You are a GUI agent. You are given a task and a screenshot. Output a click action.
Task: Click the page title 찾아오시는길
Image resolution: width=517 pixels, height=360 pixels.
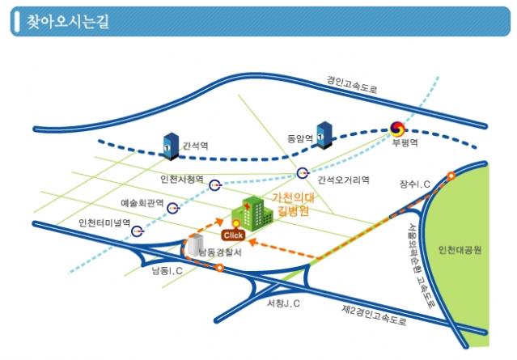pyautogui.click(x=62, y=22)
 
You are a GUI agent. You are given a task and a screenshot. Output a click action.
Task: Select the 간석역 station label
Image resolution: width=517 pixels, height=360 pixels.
pyautogui.click(x=195, y=146)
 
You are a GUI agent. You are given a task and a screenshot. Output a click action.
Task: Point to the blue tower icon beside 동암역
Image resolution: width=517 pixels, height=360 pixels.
pyautogui.click(x=325, y=134)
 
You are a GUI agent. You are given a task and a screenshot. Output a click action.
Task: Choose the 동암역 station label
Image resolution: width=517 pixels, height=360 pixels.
pyautogui.click(x=299, y=138)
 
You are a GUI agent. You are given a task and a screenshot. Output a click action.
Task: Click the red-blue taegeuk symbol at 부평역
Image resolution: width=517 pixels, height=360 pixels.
pyautogui.click(x=397, y=129)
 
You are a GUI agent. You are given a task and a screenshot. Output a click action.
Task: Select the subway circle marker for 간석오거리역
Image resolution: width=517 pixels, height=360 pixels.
pyautogui.click(x=303, y=172)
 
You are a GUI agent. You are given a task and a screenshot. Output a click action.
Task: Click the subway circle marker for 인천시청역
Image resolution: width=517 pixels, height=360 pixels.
pyautogui.click(x=214, y=185)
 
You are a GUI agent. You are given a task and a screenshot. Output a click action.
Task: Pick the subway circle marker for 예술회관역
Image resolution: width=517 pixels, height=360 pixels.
pyautogui.click(x=172, y=208)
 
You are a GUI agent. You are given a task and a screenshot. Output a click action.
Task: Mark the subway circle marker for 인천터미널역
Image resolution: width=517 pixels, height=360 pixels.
pyautogui.click(x=138, y=230)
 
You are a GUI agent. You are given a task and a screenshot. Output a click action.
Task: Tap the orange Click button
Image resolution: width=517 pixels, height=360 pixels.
pyautogui.click(x=233, y=235)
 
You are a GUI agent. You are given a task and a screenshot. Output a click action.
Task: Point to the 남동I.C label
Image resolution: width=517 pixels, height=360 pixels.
pyautogui.click(x=166, y=269)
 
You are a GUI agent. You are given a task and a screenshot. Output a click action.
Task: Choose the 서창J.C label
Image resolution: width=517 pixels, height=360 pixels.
pyautogui.click(x=283, y=303)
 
